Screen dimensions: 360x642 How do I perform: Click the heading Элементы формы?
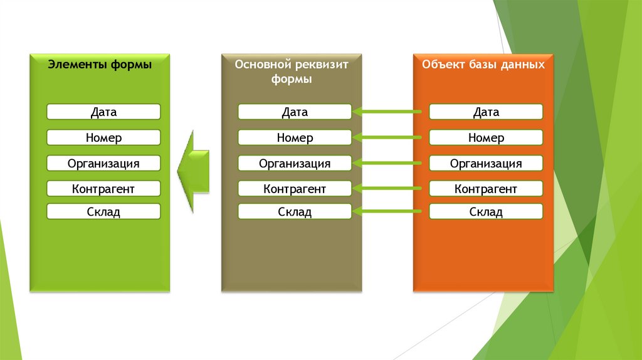[100, 64]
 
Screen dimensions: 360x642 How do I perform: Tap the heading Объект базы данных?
[483, 64]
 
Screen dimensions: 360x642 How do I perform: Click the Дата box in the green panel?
[103, 112]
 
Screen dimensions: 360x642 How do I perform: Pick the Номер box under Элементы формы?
[103, 138]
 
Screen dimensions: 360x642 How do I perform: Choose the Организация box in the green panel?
[103, 164]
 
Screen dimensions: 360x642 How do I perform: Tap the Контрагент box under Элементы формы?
[103, 188]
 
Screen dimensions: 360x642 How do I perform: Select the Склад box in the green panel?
[103, 212]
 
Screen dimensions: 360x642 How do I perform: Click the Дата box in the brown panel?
[295, 112]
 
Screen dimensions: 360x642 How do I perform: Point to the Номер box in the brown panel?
[295, 138]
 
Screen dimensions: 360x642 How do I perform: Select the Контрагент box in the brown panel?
[295, 188]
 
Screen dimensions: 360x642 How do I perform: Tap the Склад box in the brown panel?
[295, 212]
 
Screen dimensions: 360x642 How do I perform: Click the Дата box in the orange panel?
[486, 112]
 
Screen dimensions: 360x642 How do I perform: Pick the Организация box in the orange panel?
[486, 164]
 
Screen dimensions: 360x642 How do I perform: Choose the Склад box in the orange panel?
[486, 212]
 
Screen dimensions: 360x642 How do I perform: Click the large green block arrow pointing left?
[194, 170]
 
